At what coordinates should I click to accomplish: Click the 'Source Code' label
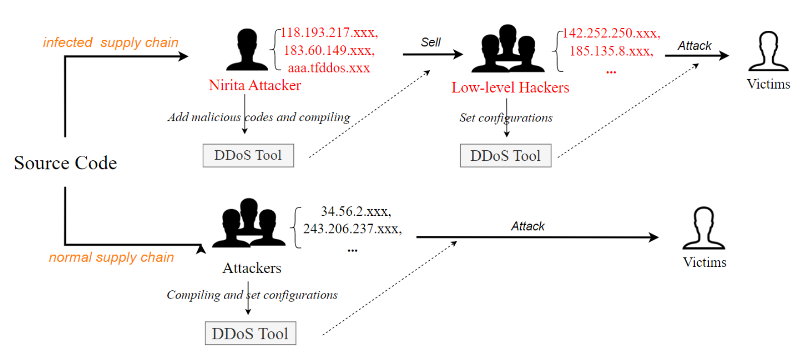66,163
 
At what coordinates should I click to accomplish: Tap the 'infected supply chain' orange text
111,42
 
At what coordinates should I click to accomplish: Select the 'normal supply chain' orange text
111,257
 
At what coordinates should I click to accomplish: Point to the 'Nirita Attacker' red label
255,85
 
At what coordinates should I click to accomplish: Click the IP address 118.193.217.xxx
329,33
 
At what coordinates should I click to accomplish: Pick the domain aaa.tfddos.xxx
329,68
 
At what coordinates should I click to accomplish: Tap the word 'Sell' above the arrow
430,42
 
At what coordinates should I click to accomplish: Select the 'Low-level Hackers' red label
510,88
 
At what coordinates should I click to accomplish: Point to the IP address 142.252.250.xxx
611,33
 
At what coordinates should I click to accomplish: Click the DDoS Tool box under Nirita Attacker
248,155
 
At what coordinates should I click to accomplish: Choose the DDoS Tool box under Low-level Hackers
505,156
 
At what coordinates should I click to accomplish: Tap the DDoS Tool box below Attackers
250,333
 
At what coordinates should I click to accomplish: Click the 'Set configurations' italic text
506,118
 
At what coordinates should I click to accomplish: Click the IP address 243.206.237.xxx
352,229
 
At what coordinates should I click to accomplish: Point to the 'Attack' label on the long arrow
528,226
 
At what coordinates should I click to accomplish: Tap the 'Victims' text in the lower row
704,262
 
